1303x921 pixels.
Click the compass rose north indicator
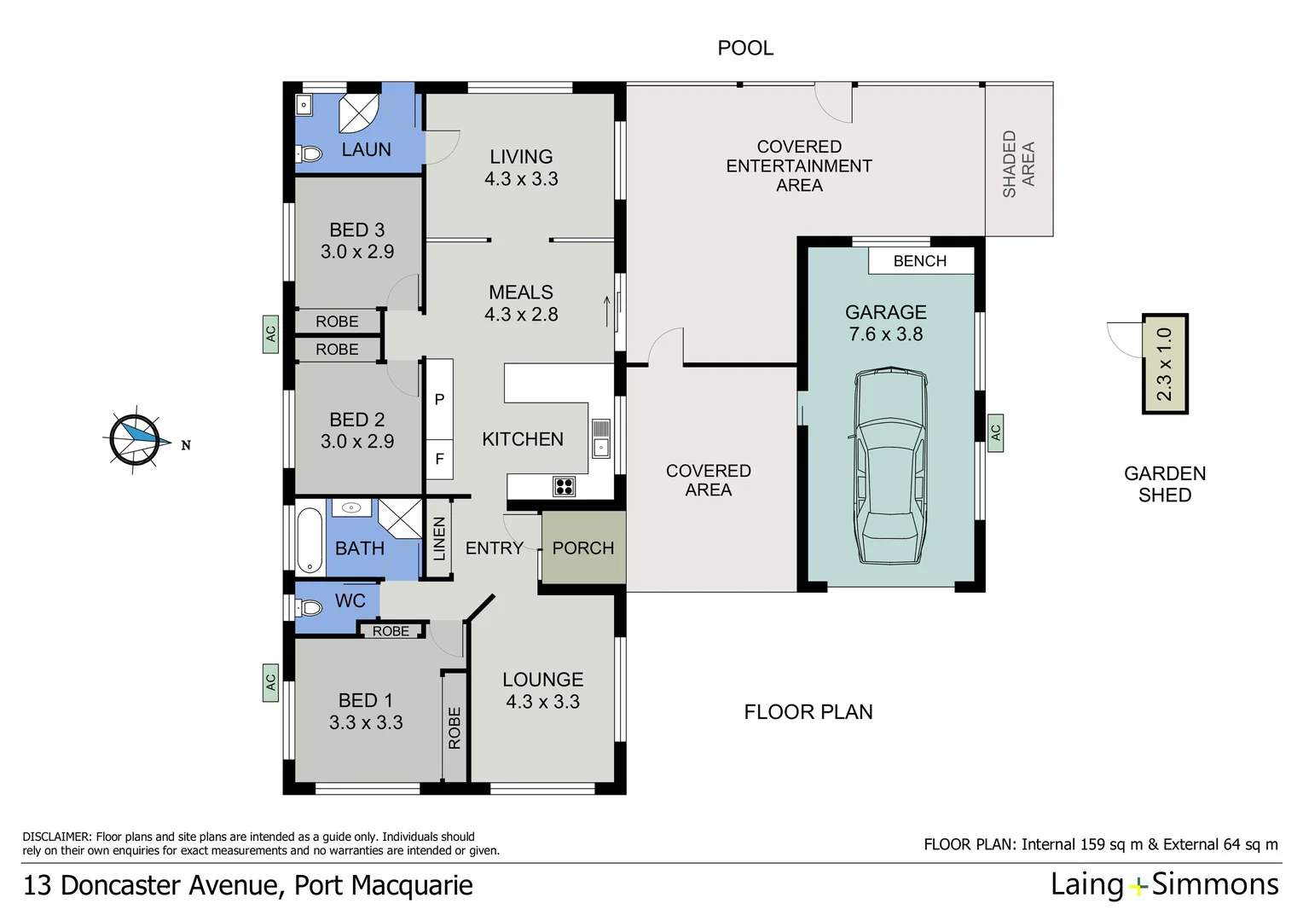pyautogui.click(x=134, y=439)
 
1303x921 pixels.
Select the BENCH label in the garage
pyautogui.click(x=920, y=261)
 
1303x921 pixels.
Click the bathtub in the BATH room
pyautogui.click(x=310, y=540)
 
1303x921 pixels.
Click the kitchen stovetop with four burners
pyautogui.click(x=564, y=486)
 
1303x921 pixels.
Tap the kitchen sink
pyautogui.click(x=600, y=438)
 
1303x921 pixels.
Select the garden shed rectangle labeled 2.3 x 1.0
pyautogui.click(x=1165, y=364)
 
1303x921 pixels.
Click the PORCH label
pyautogui.click(x=583, y=548)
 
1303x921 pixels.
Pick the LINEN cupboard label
pyautogui.click(x=439, y=539)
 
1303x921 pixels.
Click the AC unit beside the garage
pyautogui.click(x=995, y=432)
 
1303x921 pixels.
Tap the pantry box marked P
pyautogui.click(x=439, y=399)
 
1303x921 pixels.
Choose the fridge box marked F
pyautogui.click(x=439, y=459)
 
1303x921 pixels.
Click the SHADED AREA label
pyautogui.click(x=1019, y=164)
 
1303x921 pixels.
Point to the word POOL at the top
pyautogui.click(x=745, y=48)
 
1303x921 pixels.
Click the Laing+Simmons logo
pyautogui.click(x=1164, y=884)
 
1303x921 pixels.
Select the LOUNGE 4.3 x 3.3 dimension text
pyautogui.click(x=542, y=702)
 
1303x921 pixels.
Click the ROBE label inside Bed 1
pyautogui.click(x=454, y=727)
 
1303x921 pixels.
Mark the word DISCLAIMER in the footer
pyautogui.click(x=56, y=837)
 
